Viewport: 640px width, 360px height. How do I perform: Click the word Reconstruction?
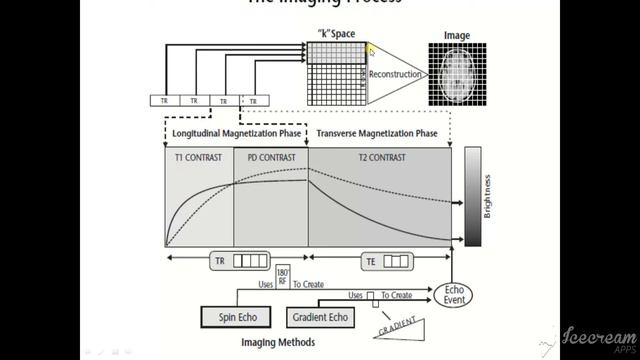coord(392,74)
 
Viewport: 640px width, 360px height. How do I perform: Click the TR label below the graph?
coord(222,262)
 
